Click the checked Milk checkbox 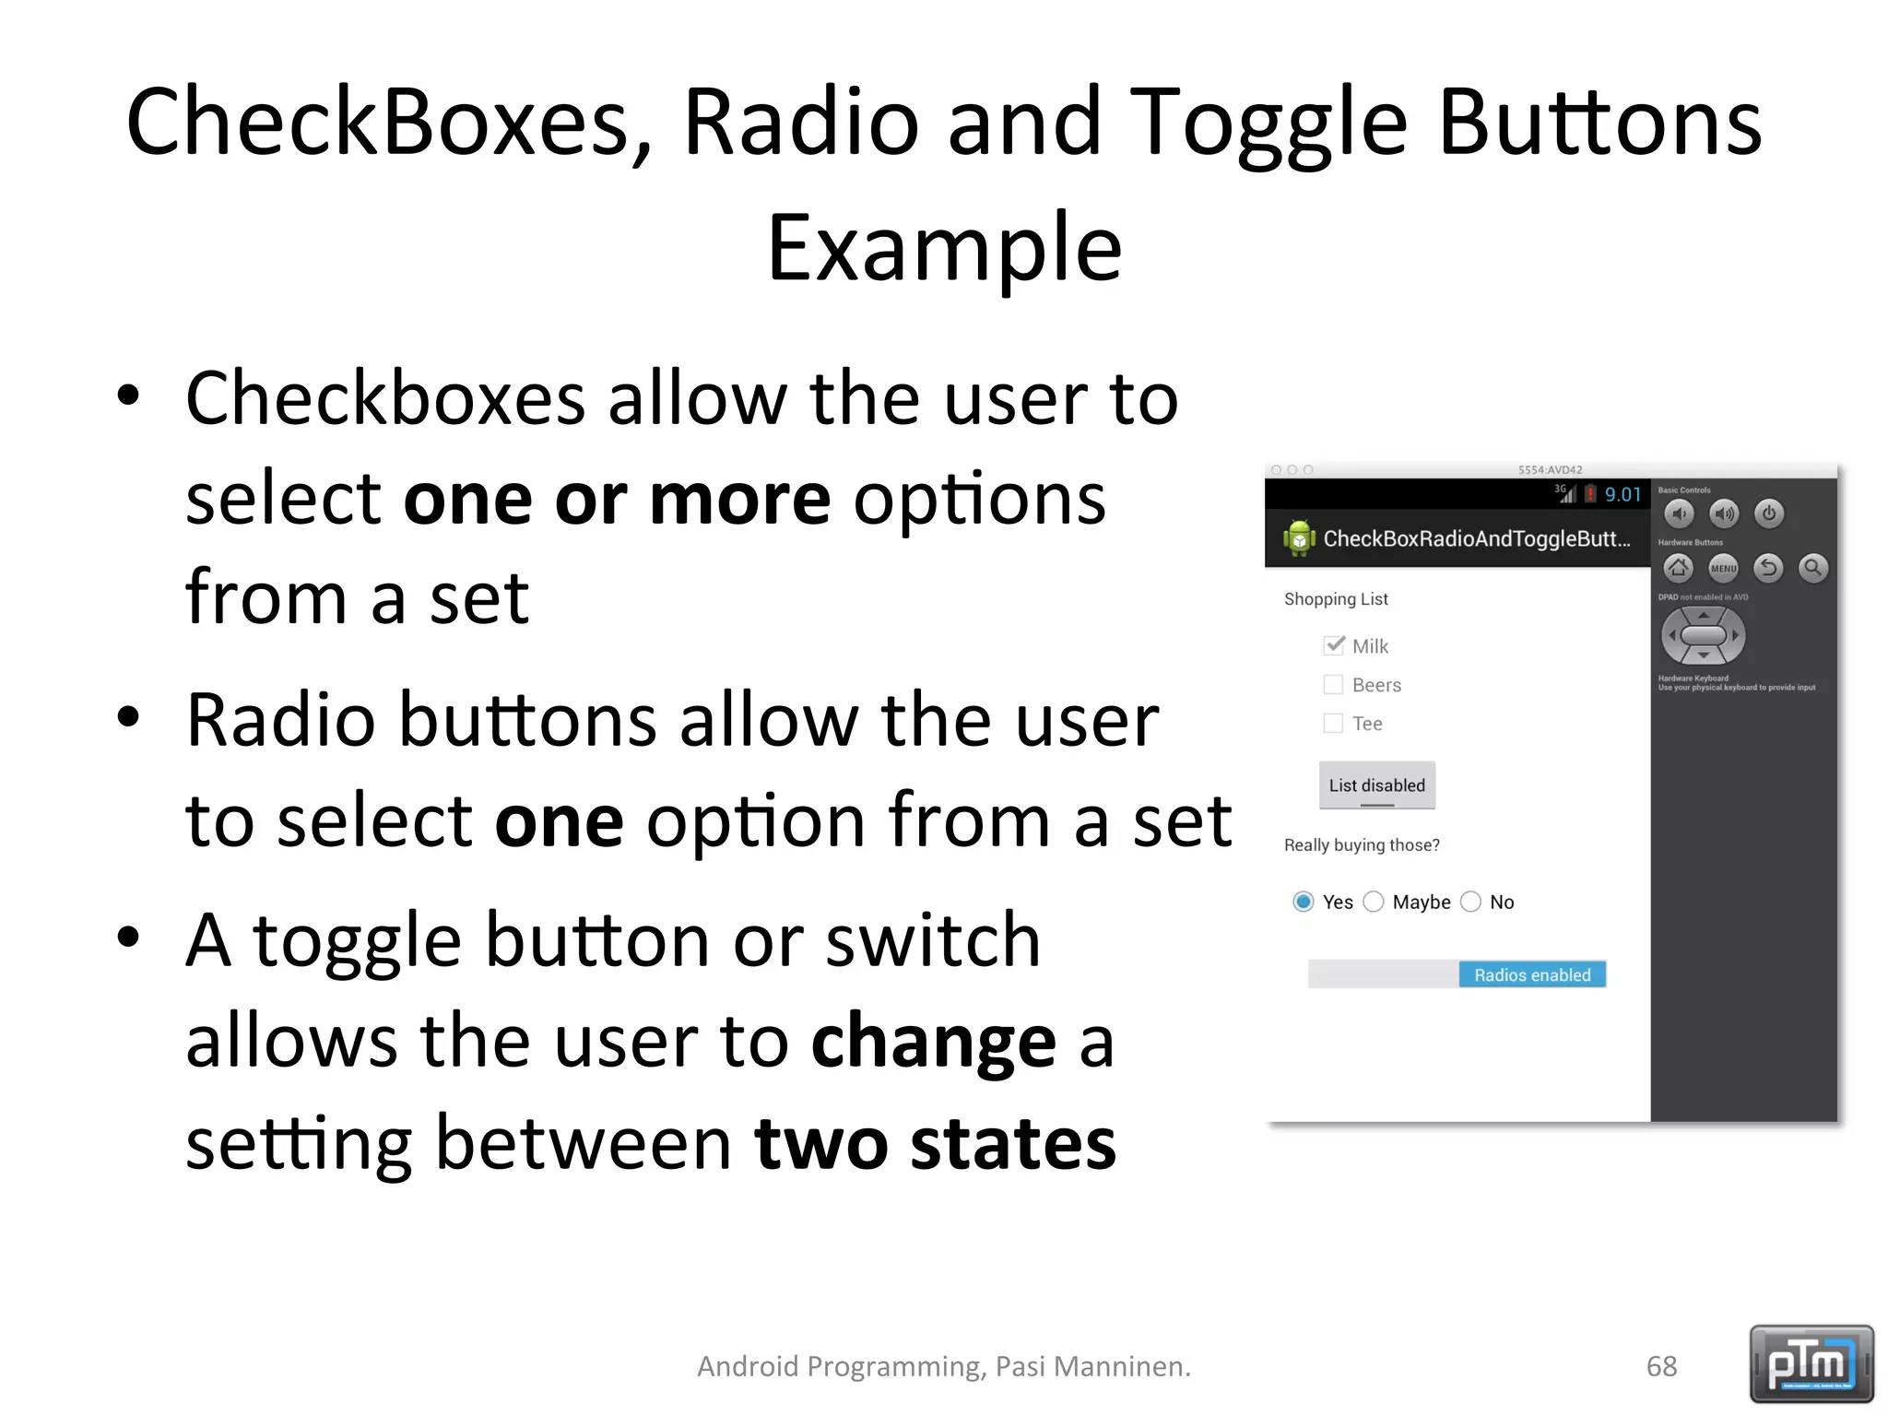pos(1333,645)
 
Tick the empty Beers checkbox pos(1333,684)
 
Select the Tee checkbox pos(1333,723)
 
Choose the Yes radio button pos(1303,902)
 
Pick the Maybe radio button pos(1374,902)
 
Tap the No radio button pos(1471,902)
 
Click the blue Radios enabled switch pos(1531,974)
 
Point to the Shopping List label pos(1336,599)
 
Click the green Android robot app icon pos(1298,537)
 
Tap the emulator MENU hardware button pos(1723,568)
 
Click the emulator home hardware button pos(1678,568)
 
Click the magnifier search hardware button pos(1812,568)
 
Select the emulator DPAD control pos(1703,635)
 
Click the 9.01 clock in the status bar pos(1622,495)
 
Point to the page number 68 pos(1661,1366)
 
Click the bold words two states pos(935,1143)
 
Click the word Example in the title pos(944,247)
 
